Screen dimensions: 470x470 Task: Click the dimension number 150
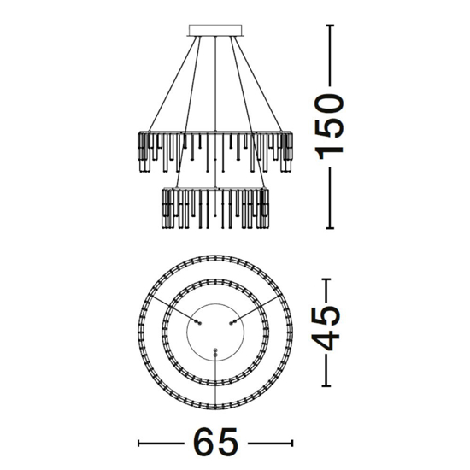click(x=328, y=126)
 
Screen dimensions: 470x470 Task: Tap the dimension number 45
click(x=326, y=328)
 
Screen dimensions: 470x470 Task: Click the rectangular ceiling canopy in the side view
click(x=215, y=30)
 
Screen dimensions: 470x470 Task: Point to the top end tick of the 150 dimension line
click(x=330, y=26)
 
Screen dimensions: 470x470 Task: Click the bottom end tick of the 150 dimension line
click(x=330, y=228)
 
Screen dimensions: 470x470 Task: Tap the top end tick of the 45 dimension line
click(x=326, y=279)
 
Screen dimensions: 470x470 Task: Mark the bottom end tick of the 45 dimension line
click(x=326, y=385)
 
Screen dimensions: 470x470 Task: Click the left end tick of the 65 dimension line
click(x=138, y=444)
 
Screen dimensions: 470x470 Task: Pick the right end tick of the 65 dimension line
click(x=292, y=444)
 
